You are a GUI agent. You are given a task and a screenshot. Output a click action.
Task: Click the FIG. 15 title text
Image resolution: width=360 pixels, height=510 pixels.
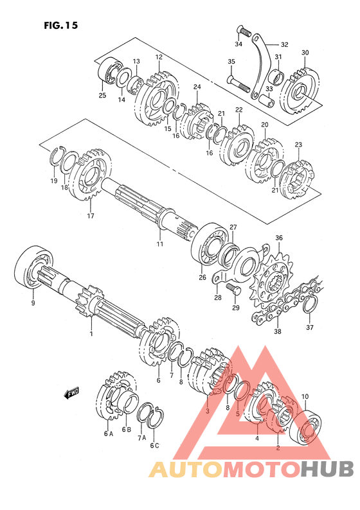pyautogui.click(x=61, y=25)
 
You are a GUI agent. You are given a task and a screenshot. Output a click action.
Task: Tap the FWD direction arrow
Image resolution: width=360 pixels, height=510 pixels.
pyautogui.click(x=72, y=393)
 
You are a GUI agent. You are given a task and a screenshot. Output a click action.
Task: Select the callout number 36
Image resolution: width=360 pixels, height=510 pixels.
pyautogui.click(x=279, y=238)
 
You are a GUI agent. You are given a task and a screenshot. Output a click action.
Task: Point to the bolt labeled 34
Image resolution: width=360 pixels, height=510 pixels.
pyautogui.click(x=243, y=31)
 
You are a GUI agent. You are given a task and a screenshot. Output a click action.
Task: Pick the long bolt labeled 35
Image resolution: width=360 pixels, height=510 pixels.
pyautogui.click(x=239, y=84)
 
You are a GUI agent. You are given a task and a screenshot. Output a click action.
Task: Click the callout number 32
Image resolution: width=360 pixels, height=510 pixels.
pyautogui.click(x=284, y=44)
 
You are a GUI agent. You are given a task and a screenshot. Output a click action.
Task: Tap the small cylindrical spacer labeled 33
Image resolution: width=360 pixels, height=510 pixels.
pyautogui.click(x=267, y=100)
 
